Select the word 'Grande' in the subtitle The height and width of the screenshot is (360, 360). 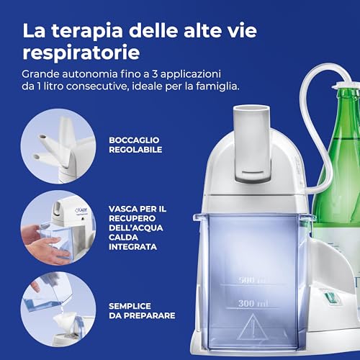[x=40, y=74]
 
